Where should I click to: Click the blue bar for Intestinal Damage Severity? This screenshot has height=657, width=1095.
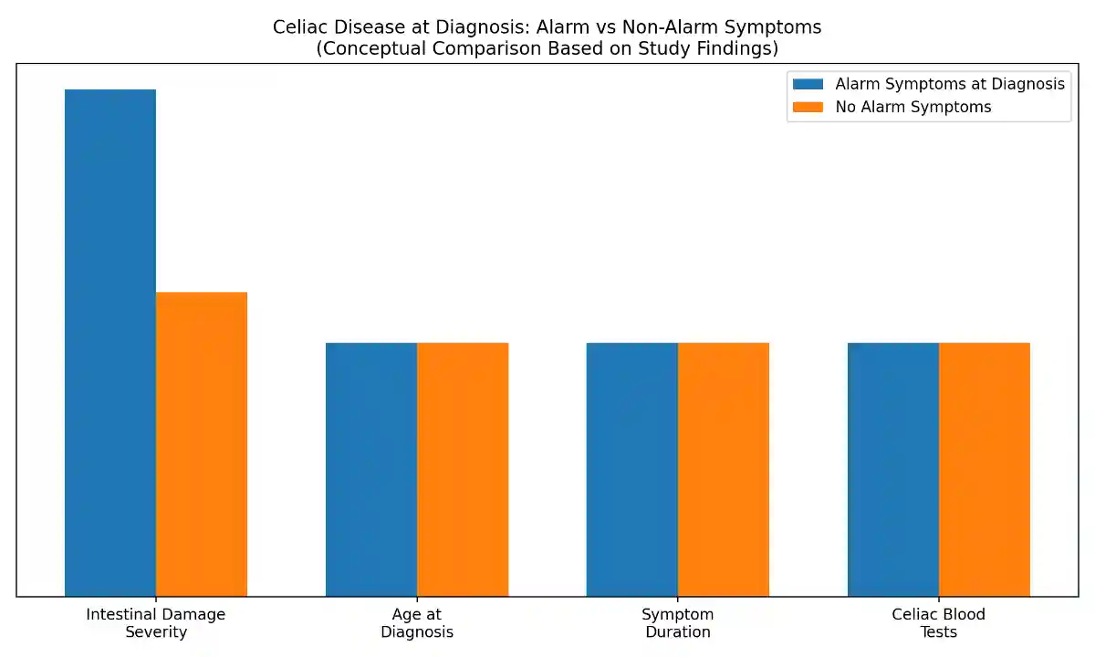110,343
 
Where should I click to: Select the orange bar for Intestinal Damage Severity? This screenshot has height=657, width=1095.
202,444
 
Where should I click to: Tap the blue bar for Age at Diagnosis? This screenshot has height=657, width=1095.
371,470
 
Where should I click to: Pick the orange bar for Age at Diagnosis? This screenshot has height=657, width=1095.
463,470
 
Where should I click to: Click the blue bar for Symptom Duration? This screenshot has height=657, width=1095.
632,470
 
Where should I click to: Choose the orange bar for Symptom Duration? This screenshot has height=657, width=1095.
724,470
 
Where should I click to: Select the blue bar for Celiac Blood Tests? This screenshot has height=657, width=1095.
893,470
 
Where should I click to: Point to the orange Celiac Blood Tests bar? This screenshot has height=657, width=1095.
985,470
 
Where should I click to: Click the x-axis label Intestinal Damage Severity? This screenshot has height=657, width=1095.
156,623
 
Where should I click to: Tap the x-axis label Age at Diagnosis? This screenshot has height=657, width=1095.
417,623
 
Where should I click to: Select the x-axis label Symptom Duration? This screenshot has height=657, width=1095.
678,623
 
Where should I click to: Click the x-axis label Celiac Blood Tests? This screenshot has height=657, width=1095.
939,623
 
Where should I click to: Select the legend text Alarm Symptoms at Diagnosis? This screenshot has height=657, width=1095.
950,84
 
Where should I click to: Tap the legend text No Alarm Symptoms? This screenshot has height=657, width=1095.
913,107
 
